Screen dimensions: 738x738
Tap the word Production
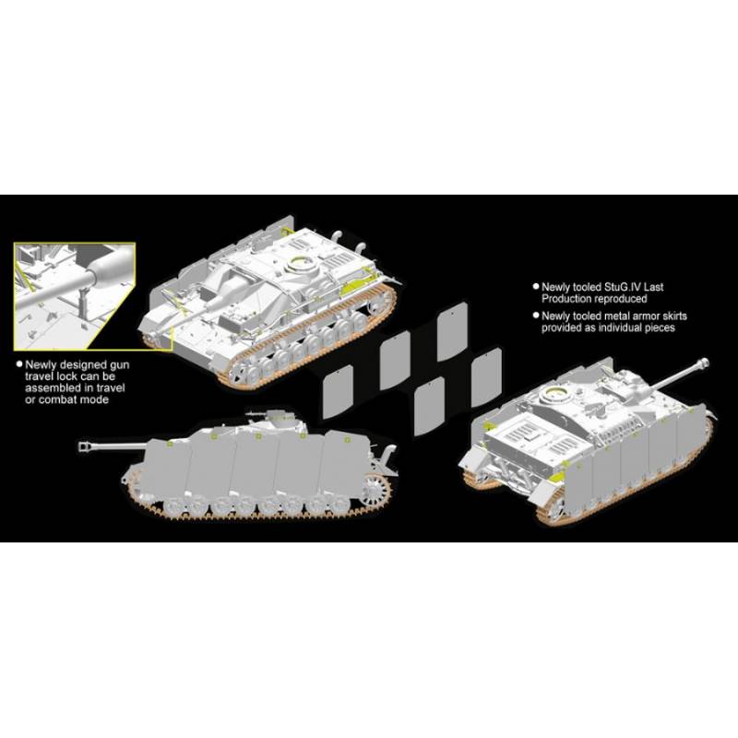[x=565, y=299]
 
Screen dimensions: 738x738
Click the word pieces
[x=660, y=327]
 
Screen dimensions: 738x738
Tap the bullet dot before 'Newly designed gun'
[x=19, y=363]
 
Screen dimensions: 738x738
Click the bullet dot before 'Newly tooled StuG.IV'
[x=536, y=286]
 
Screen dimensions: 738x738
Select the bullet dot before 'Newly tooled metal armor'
[x=536, y=315]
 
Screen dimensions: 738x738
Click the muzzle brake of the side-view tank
[x=85, y=446]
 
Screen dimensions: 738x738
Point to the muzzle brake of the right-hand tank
[x=703, y=363]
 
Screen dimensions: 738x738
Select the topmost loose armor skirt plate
[x=452, y=331]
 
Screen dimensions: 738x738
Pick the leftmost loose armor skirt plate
[x=338, y=391]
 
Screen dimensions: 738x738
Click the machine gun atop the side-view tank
[x=258, y=414]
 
